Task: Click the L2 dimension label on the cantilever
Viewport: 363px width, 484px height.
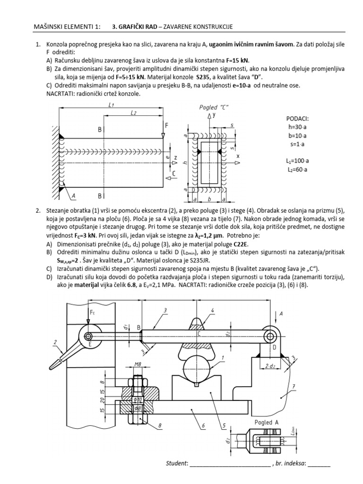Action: pos(134,114)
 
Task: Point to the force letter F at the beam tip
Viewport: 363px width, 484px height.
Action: pos(167,125)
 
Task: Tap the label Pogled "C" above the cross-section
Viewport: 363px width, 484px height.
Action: pos(214,107)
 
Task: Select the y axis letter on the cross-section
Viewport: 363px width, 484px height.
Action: pos(215,115)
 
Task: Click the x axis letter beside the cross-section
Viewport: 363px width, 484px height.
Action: pos(238,156)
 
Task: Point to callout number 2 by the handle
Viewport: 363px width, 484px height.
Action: pos(55,342)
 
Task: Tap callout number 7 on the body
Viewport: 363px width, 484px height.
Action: pos(294,388)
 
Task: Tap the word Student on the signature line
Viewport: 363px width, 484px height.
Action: pos(176,463)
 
